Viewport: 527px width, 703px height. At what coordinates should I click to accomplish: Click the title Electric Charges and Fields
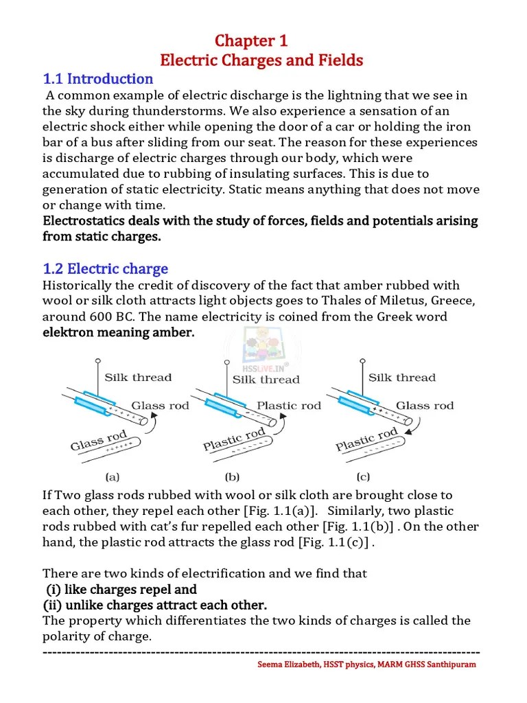[x=261, y=60]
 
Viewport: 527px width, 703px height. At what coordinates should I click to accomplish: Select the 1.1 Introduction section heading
[x=98, y=79]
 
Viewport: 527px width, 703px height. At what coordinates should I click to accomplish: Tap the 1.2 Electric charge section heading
[x=106, y=268]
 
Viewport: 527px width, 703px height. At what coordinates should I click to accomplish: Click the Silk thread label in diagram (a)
[x=138, y=377]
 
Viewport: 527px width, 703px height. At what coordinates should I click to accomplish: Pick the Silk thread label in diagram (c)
[x=401, y=377]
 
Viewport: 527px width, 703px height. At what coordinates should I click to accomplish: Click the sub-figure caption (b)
[x=232, y=475]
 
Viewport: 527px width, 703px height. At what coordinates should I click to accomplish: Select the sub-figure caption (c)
[x=363, y=475]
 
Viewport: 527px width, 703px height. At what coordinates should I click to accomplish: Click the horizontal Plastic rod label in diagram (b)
[x=288, y=405]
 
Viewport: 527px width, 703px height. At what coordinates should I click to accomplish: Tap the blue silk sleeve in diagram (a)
[x=92, y=404]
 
